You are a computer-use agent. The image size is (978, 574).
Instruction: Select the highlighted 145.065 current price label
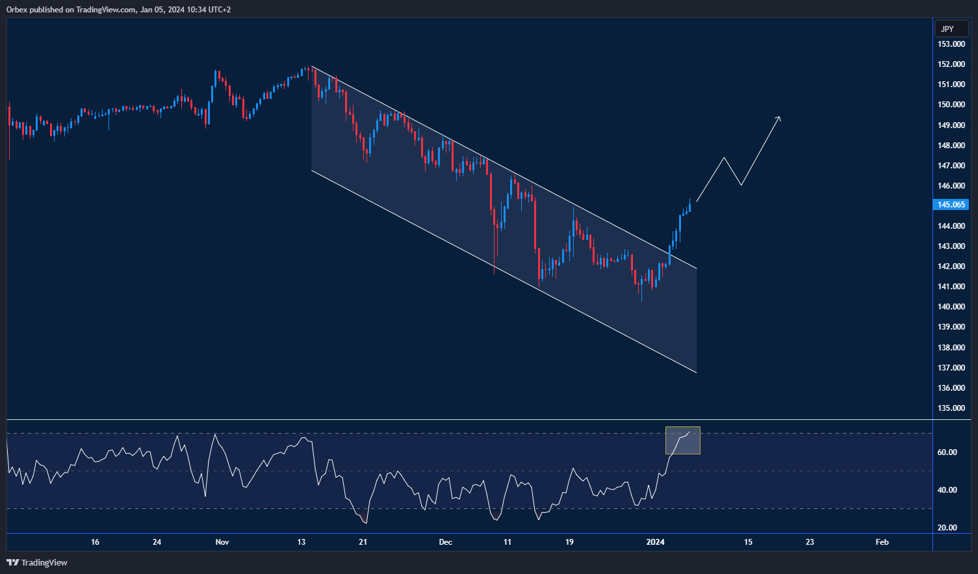click(x=951, y=205)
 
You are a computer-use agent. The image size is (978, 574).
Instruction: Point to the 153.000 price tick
click(x=951, y=44)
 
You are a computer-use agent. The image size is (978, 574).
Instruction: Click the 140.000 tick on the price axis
click(x=951, y=307)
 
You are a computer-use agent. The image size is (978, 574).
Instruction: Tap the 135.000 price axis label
click(x=951, y=408)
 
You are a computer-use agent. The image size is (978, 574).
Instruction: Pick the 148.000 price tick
click(x=951, y=146)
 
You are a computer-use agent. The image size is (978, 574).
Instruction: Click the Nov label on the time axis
click(x=222, y=542)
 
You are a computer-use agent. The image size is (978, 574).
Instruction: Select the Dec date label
click(x=445, y=542)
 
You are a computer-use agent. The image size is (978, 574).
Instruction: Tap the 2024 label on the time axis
click(x=655, y=542)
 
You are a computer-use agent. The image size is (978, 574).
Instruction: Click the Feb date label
click(x=882, y=542)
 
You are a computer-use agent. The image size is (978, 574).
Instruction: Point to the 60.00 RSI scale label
click(x=947, y=452)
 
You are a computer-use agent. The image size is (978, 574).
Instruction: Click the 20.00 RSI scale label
click(x=947, y=528)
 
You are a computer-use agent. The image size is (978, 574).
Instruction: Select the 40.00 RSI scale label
click(x=947, y=490)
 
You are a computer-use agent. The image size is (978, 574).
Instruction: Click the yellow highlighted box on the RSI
click(x=682, y=441)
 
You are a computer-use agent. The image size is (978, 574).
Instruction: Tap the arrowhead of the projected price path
click(x=779, y=118)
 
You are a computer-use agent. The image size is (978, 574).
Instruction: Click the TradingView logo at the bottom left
click(x=37, y=562)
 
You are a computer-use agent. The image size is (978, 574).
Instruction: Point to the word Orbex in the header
click(x=18, y=10)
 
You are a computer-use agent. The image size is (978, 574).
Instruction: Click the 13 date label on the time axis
click(x=301, y=542)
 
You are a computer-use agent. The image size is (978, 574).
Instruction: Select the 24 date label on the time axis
click(x=157, y=542)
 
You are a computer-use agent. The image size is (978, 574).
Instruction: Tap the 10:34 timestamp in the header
click(x=196, y=10)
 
